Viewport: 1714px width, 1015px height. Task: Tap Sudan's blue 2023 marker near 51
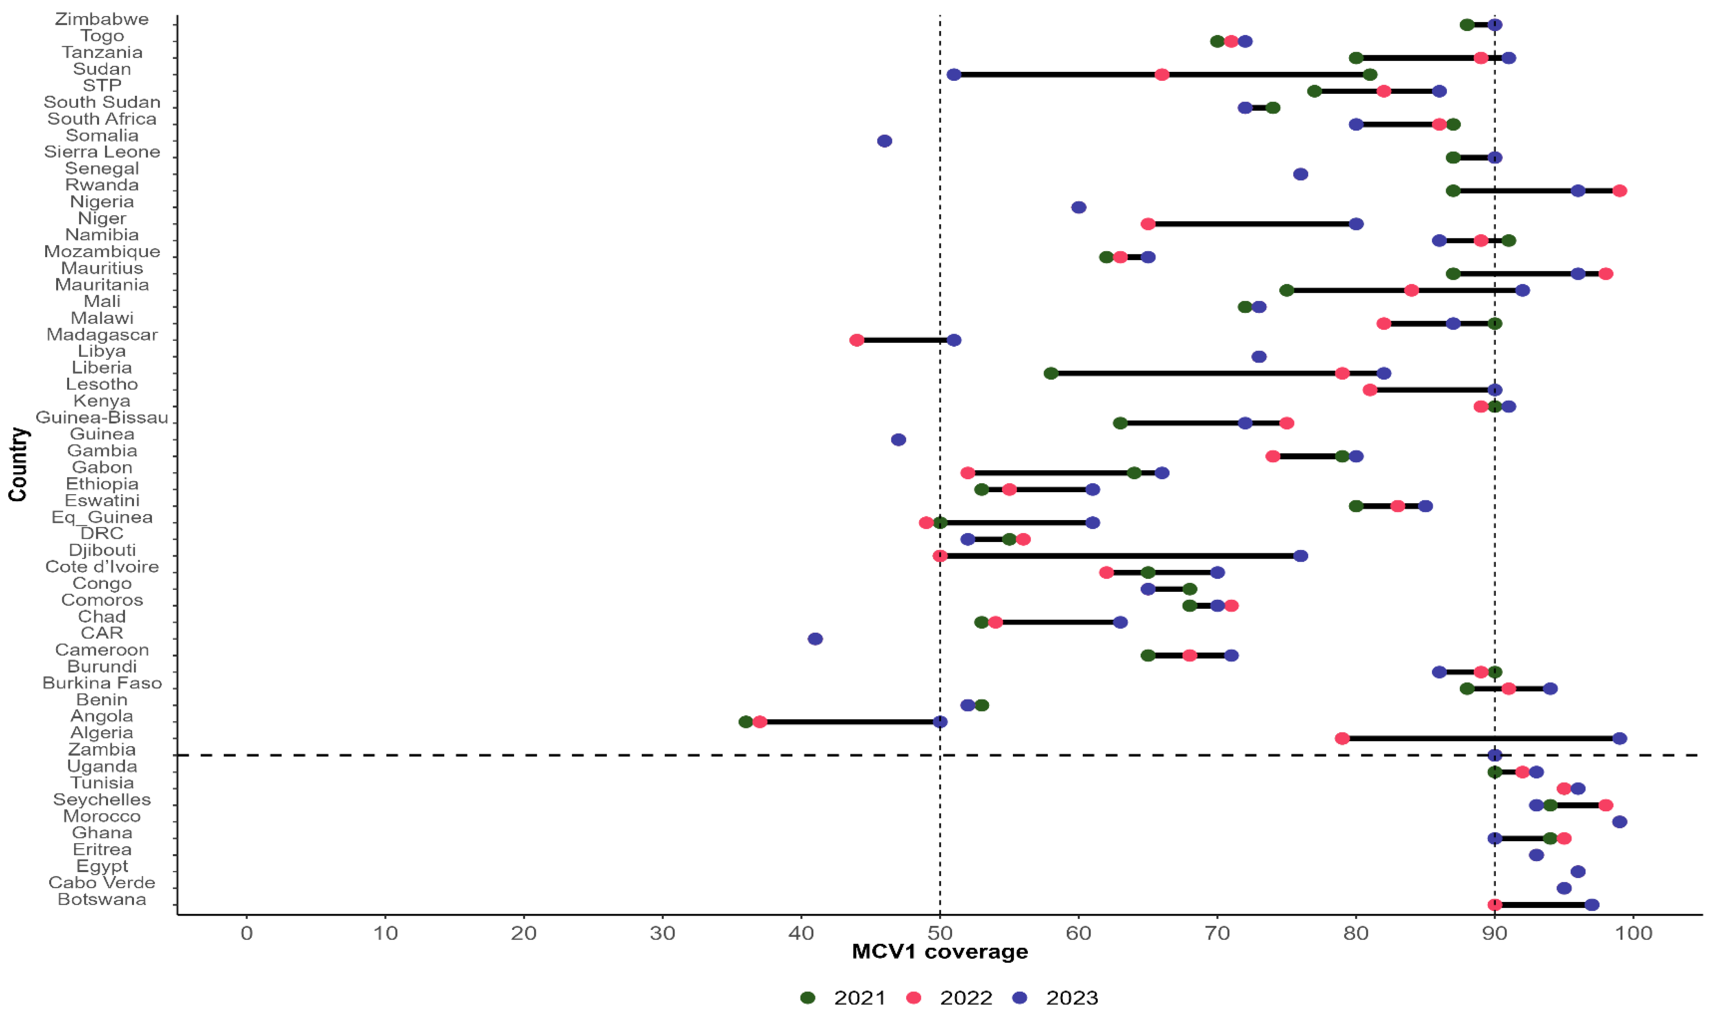coord(954,75)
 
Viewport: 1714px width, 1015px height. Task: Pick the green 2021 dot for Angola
coord(746,721)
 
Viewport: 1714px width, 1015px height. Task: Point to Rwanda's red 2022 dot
coord(1620,191)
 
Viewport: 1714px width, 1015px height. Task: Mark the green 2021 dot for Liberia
coord(1051,373)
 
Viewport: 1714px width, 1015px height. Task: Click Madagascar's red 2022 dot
coord(857,340)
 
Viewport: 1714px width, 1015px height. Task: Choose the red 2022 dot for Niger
coord(1148,224)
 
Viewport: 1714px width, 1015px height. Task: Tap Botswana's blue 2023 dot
coord(1592,905)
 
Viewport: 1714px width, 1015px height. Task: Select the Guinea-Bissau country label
coord(102,417)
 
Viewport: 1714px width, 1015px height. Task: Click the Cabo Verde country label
coord(102,882)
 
